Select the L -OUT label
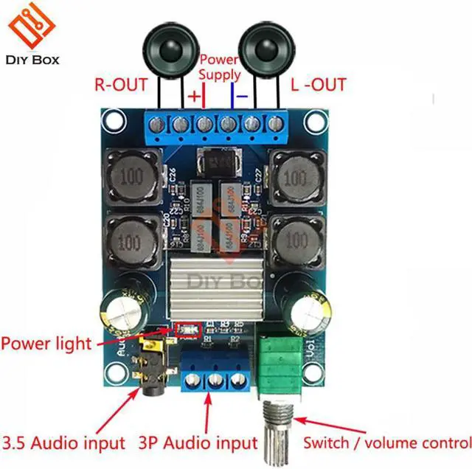[x=318, y=85]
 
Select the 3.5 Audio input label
[x=64, y=443]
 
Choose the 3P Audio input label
[x=197, y=443]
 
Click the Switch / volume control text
[x=387, y=443]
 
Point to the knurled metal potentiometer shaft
[x=277, y=435]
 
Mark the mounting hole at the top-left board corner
[x=112, y=118]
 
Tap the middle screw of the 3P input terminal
[x=216, y=381]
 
